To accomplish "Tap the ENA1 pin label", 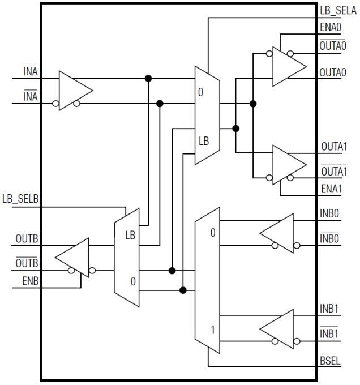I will click(331, 189).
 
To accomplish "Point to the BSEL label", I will click(331, 360).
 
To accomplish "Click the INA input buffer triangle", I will click(74, 91).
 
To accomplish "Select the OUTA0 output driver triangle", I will click(288, 66).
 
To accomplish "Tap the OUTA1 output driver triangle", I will click(288, 164).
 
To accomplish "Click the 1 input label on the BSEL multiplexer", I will click(213, 328).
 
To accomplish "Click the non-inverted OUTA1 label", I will click(333, 147).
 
